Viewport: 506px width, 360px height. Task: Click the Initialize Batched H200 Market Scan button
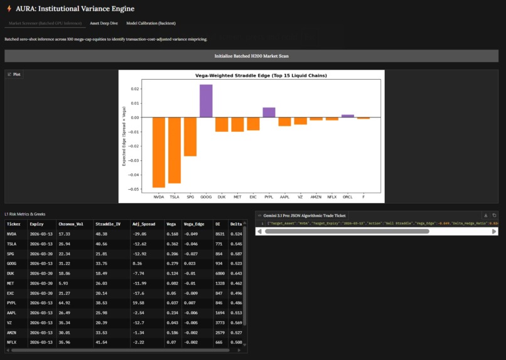pos(251,56)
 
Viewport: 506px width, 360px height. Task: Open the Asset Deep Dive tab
pos(104,23)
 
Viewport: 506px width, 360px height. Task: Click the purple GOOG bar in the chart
pos(206,101)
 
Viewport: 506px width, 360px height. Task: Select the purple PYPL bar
pos(269,112)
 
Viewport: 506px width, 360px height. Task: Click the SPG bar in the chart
pos(190,136)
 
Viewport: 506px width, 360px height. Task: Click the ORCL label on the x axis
pos(348,197)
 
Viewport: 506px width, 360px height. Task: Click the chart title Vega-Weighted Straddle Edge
pos(251,75)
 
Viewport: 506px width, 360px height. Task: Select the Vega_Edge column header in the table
pos(195,223)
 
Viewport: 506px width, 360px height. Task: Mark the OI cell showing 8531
pos(220,234)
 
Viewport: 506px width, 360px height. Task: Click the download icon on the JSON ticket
pos(485,215)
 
